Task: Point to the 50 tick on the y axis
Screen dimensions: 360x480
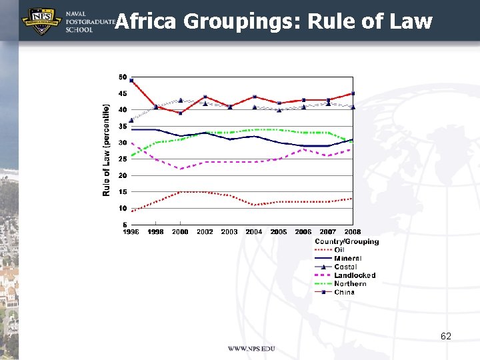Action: pos(123,77)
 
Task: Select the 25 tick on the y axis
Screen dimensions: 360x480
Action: pos(123,159)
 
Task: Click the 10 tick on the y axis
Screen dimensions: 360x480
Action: pos(123,208)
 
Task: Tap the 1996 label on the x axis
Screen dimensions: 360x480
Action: pos(131,232)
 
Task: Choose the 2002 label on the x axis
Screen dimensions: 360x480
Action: pos(205,232)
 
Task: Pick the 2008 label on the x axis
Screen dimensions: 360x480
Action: pos(353,232)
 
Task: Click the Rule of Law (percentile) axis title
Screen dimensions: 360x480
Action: pos(107,149)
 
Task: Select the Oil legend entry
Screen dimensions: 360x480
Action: pos(339,250)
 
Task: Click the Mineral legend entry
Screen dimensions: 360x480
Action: pos(347,259)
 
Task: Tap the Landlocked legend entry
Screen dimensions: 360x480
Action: pos(355,275)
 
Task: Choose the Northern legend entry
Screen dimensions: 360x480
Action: pos(351,284)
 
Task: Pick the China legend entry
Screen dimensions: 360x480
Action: pos(345,292)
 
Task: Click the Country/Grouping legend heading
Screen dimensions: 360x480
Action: pos(347,241)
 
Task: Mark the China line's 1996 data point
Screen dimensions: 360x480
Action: pos(132,80)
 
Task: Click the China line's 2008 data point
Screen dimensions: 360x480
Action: pos(353,93)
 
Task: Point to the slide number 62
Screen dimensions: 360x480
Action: pos(446,337)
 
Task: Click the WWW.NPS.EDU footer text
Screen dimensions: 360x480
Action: pos(251,349)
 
